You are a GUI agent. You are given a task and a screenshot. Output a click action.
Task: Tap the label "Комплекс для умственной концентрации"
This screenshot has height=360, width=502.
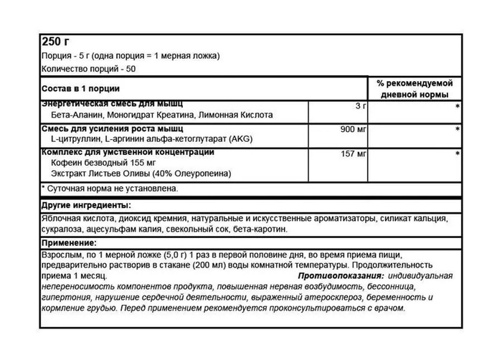pos(118,152)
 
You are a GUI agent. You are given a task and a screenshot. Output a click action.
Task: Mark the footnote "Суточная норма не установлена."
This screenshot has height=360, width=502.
pos(111,189)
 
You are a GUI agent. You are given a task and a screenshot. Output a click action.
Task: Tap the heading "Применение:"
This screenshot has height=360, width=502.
pos(70,243)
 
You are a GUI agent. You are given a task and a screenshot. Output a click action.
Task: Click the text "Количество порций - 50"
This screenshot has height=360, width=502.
pos(88,69)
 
